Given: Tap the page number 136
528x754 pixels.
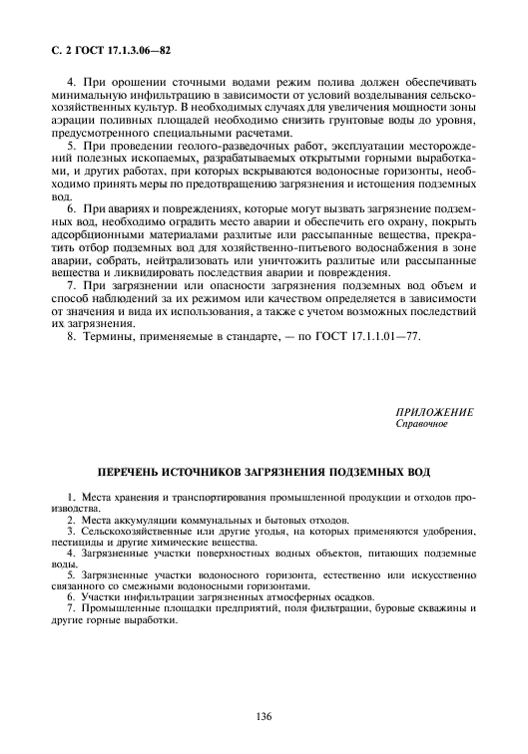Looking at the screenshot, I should (x=264, y=716).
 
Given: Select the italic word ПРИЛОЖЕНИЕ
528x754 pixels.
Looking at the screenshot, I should (x=435, y=412).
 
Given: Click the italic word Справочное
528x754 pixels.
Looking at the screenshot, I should (x=422, y=424).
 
